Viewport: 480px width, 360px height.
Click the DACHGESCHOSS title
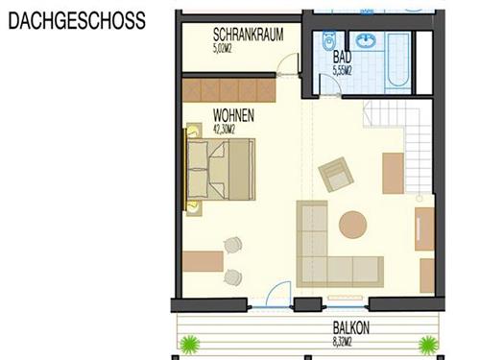[77, 18]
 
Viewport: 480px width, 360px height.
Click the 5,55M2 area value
[342, 70]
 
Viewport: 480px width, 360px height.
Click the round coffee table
[352, 225]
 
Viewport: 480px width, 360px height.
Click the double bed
[221, 171]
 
